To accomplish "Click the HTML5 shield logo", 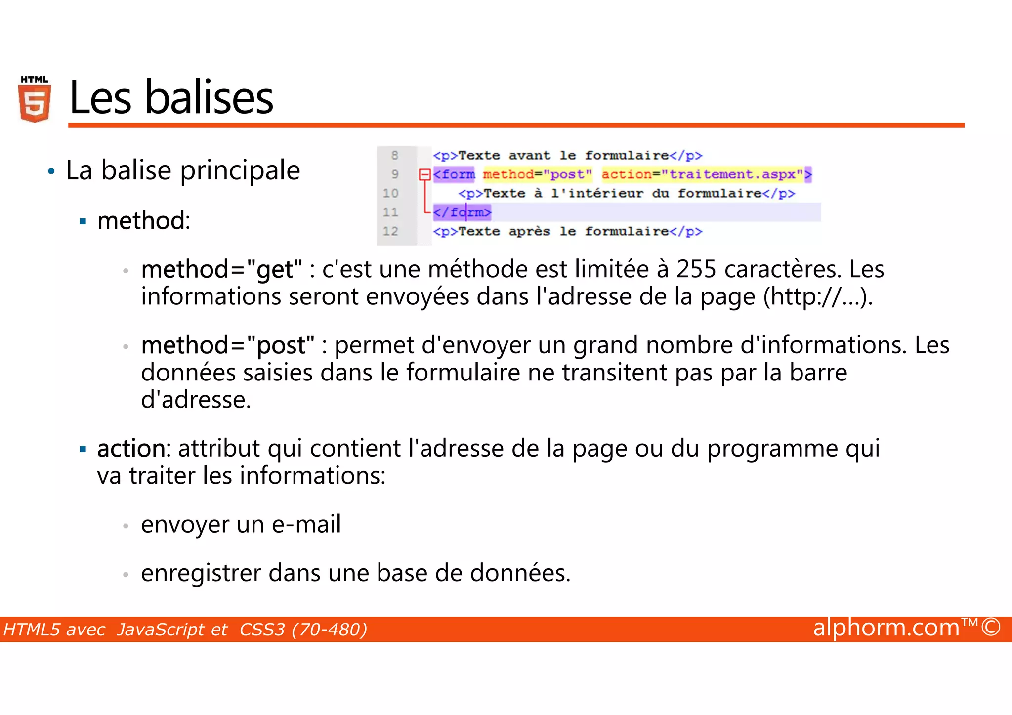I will [x=35, y=100].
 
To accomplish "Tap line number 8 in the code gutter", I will [x=394, y=156].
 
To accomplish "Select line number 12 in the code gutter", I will [x=390, y=231].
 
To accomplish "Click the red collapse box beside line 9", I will [x=424, y=174].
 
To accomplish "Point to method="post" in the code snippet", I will [x=537, y=174].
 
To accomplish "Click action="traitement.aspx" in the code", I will [x=703, y=174].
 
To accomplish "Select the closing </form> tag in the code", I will [x=462, y=212].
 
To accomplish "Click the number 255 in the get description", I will [x=696, y=269].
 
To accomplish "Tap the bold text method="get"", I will [x=221, y=269].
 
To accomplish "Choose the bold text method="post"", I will [x=228, y=345].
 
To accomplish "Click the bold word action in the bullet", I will [x=131, y=448].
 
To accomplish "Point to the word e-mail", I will [x=306, y=524].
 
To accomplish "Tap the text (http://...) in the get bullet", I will [x=818, y=297].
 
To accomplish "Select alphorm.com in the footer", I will [x=886, y=628].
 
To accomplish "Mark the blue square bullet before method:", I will [x=83, y=221].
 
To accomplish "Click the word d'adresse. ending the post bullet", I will [x=196, y=400].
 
